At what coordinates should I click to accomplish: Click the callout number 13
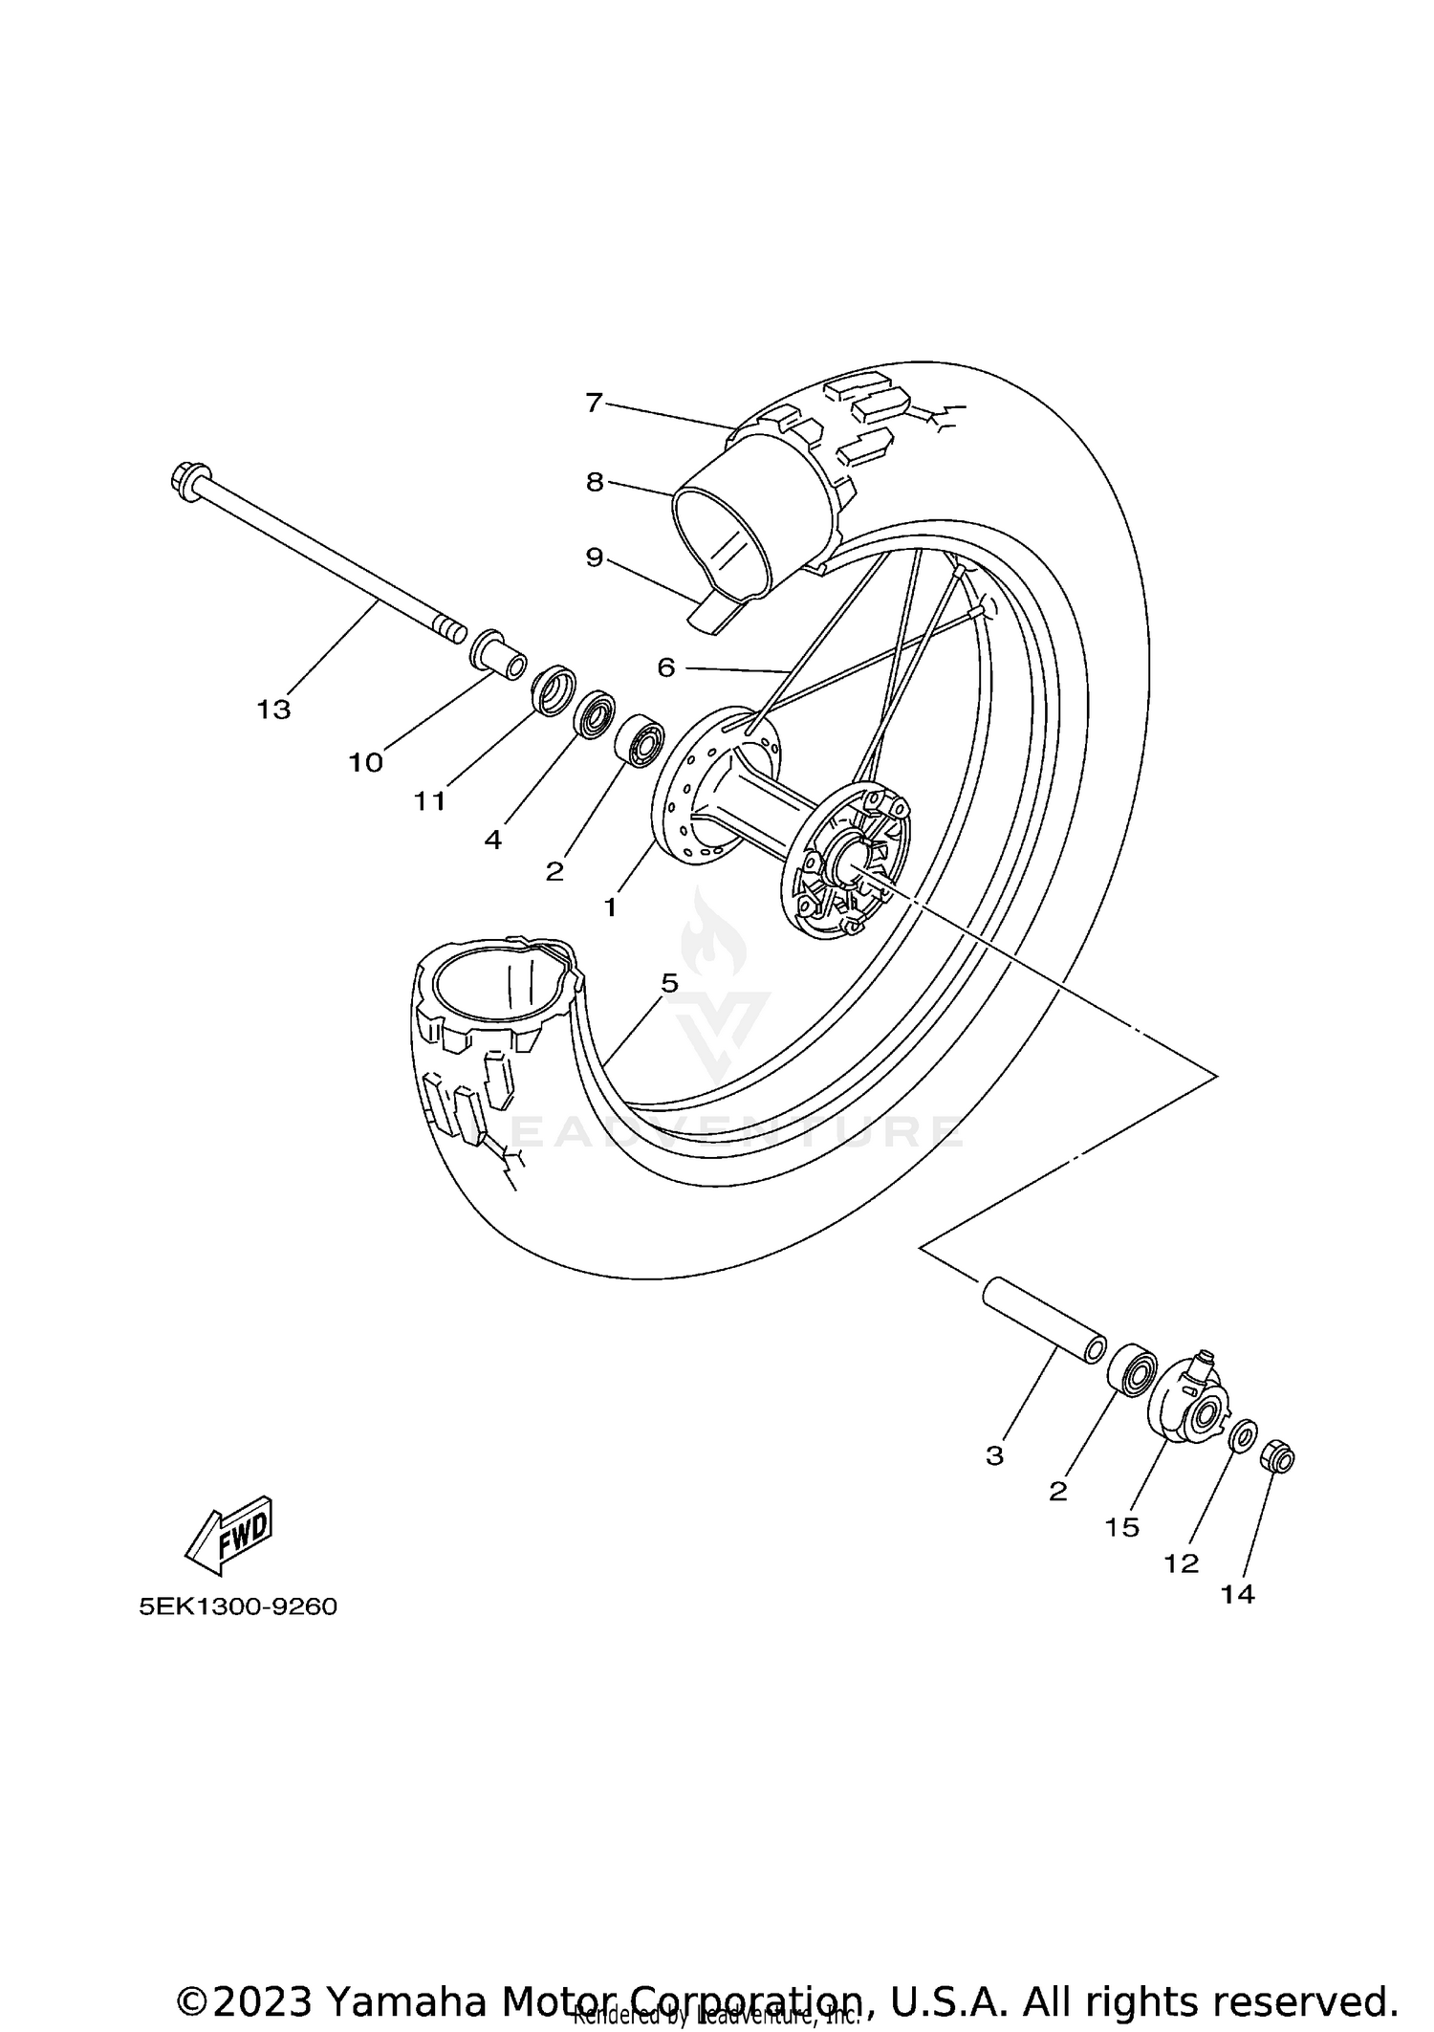click(x=272, y=710)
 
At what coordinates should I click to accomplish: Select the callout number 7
click(x=594, y=403)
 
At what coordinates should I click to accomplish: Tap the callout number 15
click(x=1122, y=1527)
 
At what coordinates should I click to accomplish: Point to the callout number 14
click(x=1237, y=1594)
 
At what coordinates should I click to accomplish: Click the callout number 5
click(x=669, y=982)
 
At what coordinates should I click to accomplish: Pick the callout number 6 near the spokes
click(x=666, y=667)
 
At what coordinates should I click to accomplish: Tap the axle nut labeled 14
click(x=1278, y=1458)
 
